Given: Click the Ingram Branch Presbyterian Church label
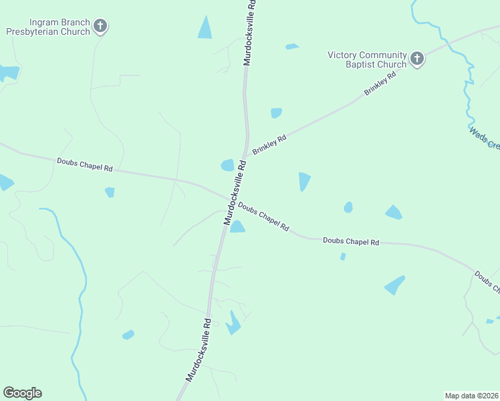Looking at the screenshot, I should [48, 27].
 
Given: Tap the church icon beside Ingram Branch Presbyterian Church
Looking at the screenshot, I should [100, 27].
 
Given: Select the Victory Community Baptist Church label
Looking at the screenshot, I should [367, 59].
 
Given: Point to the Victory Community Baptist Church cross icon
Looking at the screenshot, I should [417, 59].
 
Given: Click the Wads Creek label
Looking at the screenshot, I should [484, 138].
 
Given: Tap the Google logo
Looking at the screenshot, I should [22, 393].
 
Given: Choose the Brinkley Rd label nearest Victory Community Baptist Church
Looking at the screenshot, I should [380, 83].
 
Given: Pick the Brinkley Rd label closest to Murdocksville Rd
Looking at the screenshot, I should [269, 146].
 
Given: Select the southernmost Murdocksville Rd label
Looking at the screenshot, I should [199, 350].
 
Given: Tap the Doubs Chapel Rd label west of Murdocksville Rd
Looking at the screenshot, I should [85, 164].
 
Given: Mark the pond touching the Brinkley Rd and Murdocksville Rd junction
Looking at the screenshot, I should [228, 164].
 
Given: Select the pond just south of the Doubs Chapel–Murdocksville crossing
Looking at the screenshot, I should [237, 227].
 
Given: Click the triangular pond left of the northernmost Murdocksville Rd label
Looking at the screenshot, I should [205, 27].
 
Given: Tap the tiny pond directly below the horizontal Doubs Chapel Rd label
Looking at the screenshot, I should [343, 256].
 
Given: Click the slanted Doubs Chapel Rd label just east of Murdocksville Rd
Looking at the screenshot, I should [263, 218].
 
